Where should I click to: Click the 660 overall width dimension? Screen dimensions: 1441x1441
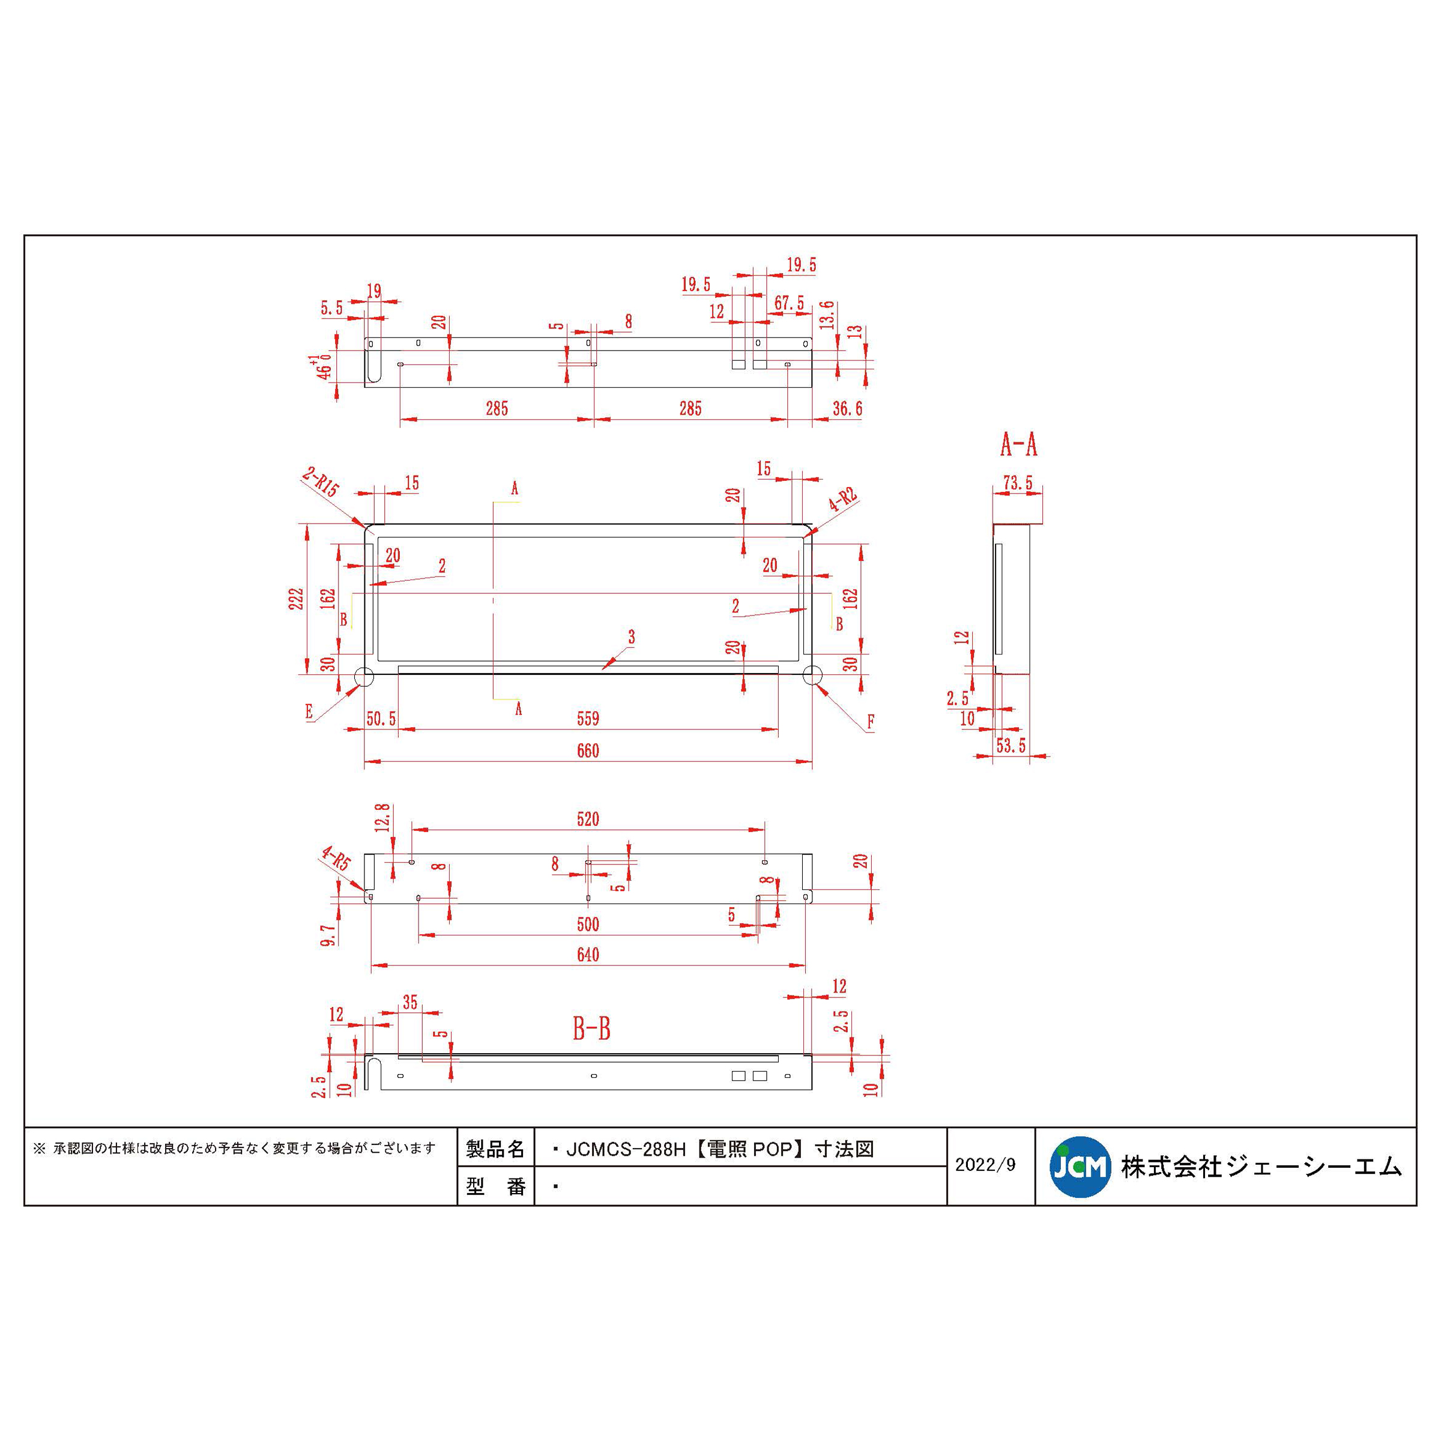(x=588, y=751)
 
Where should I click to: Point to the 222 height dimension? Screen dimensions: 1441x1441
(x=296, y=599)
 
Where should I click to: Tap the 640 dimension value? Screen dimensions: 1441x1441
(x=588, y=955)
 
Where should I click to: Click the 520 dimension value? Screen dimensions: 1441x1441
(x=588, y=819)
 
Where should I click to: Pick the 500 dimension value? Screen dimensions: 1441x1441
(x=588, y=924)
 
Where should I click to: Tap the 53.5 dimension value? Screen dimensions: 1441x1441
(x=1011, y=745)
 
